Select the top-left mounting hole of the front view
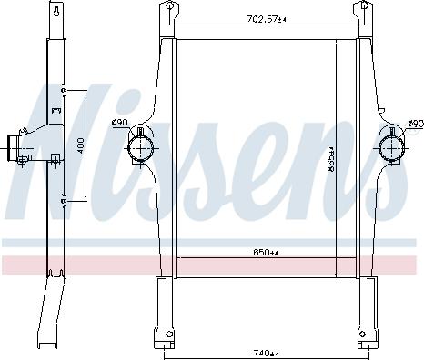pyautogui.click(x=167, y=8)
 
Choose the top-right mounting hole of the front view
pyautogui.click(x=368, y=8)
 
